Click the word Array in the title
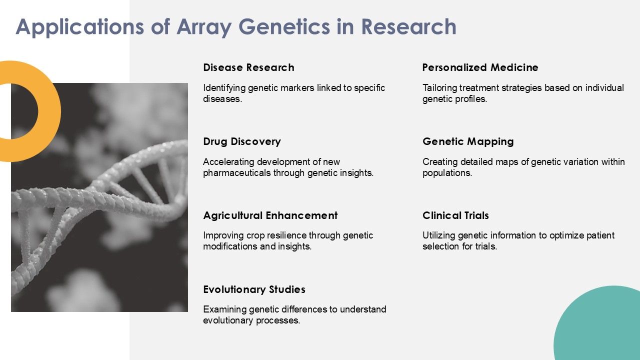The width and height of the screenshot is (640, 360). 204,27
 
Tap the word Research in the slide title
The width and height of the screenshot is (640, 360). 408,26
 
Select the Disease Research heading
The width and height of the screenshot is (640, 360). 248,67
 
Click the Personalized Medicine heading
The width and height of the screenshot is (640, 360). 480,67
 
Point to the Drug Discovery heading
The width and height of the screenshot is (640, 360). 242,141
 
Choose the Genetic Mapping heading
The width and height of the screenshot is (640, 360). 468,141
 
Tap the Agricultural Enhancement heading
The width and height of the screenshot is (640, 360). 270,215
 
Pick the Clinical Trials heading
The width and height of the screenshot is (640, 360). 455,215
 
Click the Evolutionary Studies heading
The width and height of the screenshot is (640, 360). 254,289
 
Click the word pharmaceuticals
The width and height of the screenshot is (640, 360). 237,173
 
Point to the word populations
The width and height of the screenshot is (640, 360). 447,173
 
